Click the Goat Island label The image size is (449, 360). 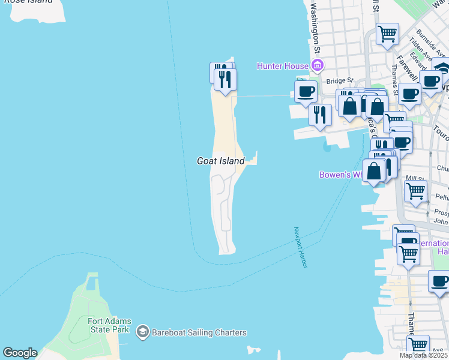220,161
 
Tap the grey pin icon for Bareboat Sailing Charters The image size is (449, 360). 142,332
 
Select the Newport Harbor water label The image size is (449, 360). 300,247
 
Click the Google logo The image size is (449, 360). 20,353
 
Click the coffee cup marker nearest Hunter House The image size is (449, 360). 306,91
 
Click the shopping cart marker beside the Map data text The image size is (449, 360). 418,345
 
